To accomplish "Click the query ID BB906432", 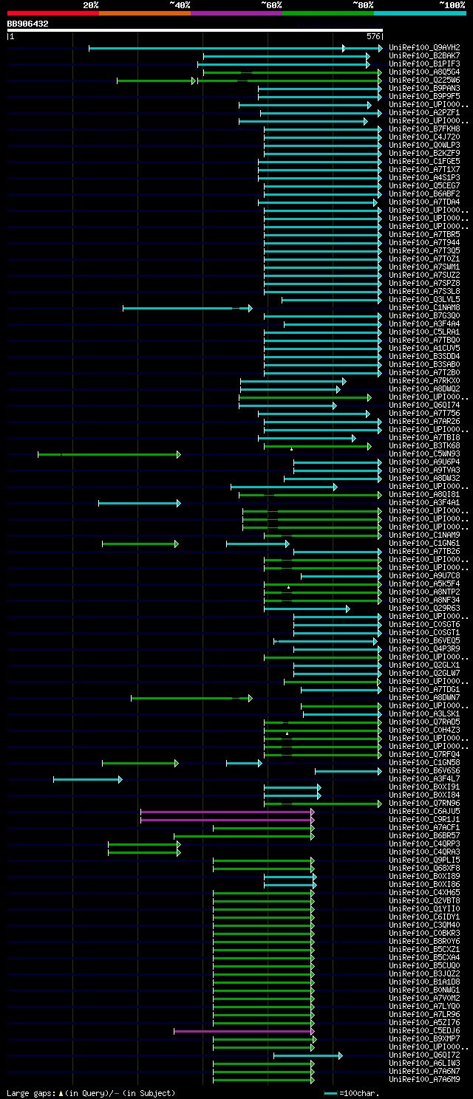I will pyautogui.click(x=28, y=24).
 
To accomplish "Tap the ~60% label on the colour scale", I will pyautogui.click(x=271, y=5).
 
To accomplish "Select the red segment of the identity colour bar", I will pyautogui.click(x=52, y=13).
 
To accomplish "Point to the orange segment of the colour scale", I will pyautogui.click(x=144, y=13).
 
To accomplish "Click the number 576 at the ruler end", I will pyautogui.click(x=373, y=36).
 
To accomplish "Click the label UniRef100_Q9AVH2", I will pyautogui.click(x=424, y=48).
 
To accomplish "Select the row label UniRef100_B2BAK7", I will pyautogui.click(x=424, y=56).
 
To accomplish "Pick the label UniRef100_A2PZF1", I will pyautogui.click(x=424, y=113).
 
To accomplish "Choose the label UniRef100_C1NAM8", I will pyautogui.click(x=424, y=308).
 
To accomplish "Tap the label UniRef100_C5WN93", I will pyautogui.click(x=424, y=454).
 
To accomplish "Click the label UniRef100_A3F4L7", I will pyautogui.click(x=424, y=779).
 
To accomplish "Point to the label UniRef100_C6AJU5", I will pyautogui.click(x=424, y=812).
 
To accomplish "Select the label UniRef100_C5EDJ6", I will pyautogui.click(x=424, y=1031).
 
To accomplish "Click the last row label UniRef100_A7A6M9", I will pyautogui.click(x=424, y=1080).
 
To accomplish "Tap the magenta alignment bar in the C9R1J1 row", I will pyautogui.click(x=226, y=820).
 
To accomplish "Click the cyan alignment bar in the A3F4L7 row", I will pyautogui.click(x=86, y=779).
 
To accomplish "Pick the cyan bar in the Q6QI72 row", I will pyautogui.click(x=307, y=1055).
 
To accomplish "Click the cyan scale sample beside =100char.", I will pyautogui.click(x=330, y=1092).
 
